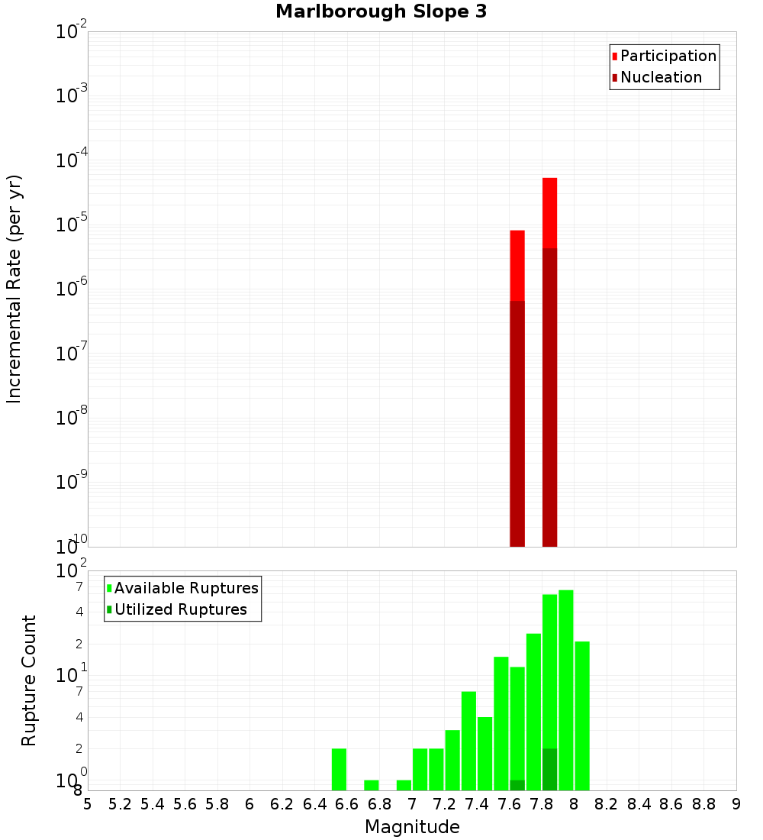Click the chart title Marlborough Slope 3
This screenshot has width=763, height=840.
(x=381, y=12)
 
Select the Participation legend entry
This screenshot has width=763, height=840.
(x=664, y=56)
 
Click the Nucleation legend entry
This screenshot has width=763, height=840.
(x=656, y=77)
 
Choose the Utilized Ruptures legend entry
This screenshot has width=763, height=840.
(x=175, y=609)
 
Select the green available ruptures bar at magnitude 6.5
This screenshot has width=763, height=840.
(x=339, y=769)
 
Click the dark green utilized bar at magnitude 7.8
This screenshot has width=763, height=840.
(x=549, y=769)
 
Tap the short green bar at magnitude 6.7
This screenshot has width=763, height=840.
(x=372, y=785)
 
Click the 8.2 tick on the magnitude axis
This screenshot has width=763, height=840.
(x=606, y=804)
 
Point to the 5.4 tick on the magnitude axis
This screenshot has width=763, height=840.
(x=153, y=804)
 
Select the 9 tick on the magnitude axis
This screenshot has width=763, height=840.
(x=736, y=804)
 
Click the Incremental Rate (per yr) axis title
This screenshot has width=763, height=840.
(x=14, y=289)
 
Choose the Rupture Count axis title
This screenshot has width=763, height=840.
(x=29, y=680)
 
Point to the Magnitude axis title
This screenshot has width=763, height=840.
(x=412, y=827)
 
